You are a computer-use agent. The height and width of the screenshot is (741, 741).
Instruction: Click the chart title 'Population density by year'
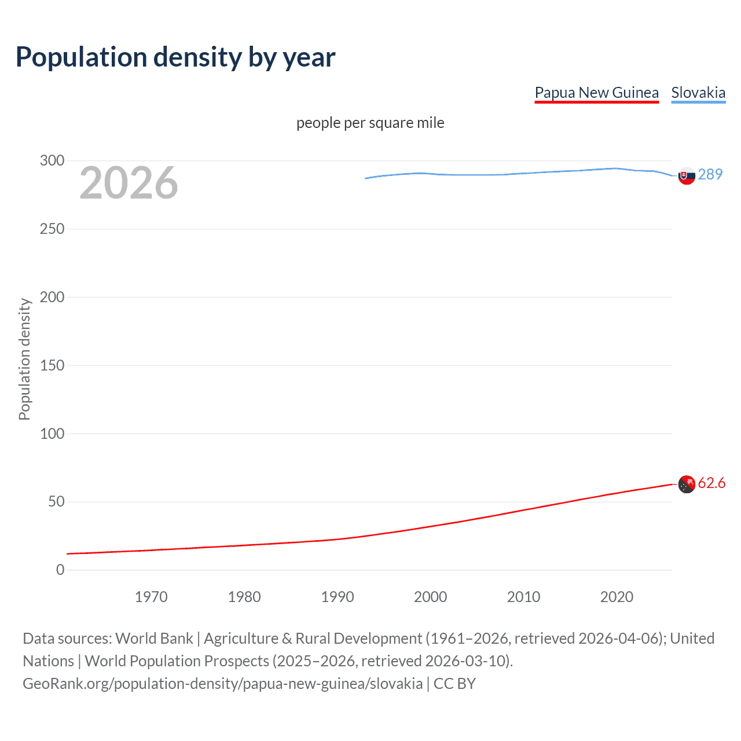tap(175, 57)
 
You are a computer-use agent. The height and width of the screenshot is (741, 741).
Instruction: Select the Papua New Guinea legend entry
tap(596, 93)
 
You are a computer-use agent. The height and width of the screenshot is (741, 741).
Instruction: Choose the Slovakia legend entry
tap(698, 93)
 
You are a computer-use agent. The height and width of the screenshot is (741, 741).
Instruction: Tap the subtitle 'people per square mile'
tap(370, 123)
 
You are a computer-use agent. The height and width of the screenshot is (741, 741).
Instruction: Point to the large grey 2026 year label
tap(129, 183)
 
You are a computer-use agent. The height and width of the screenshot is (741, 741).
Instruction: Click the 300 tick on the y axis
tap(52, 160)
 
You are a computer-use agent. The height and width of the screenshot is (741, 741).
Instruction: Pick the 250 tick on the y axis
tap(52, 229)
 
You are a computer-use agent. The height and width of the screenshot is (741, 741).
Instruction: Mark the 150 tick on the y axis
tap(52, 365)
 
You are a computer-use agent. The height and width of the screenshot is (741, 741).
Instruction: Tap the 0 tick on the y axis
tap(60, 570)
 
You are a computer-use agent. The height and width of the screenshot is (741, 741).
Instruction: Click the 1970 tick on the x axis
tap(151, 597)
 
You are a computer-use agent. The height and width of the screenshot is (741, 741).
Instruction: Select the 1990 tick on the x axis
tap(338, 597)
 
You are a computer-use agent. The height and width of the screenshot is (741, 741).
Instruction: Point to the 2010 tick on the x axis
tap(523, 597)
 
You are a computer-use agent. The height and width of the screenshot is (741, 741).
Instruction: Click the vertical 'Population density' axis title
tap(24, 359)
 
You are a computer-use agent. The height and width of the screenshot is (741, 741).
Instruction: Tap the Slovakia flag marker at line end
tap(687, 175)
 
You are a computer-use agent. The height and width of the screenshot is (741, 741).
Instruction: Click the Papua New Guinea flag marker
tap(687, 484)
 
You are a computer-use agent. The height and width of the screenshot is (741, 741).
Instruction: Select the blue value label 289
tap(710, 174)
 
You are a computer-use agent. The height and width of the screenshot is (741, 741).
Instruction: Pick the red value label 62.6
tap(711, 483)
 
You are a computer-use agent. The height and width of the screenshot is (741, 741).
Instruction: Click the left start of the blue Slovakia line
tap(366, 178)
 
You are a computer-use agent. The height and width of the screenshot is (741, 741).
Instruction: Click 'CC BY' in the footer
tap(454, 684)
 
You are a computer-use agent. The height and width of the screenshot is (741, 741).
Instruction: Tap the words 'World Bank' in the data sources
tap(154, 639)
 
